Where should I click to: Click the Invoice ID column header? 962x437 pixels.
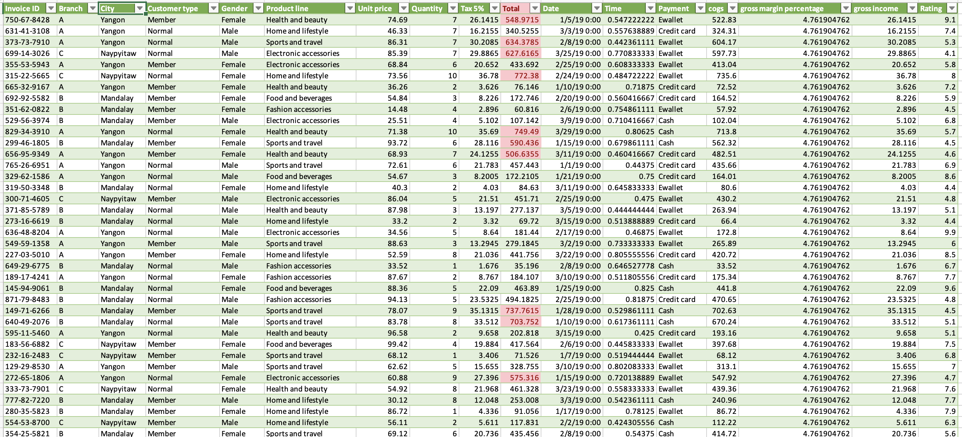pos(22,8)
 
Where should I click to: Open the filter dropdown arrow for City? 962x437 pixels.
pos(140,8)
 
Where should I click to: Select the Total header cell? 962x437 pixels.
pos(510,8)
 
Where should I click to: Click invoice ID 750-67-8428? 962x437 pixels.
pos(27,20)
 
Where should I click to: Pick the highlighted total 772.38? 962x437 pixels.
pos(526,76)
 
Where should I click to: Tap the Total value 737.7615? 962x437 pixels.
pos(522,311)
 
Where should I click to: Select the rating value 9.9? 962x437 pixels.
pos(950,232)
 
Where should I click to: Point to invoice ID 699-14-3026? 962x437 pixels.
pos(27,53)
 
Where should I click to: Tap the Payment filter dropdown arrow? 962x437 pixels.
pos(700,8)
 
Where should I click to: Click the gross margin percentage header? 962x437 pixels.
pos(782,8)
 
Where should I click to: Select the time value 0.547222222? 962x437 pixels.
pos(631,20)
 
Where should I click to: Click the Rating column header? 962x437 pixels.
pos(931,8)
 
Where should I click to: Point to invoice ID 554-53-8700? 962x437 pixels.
pos(27,423)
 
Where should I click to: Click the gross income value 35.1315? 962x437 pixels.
pos(902,311)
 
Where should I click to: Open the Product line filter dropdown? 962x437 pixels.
pos(349,8)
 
